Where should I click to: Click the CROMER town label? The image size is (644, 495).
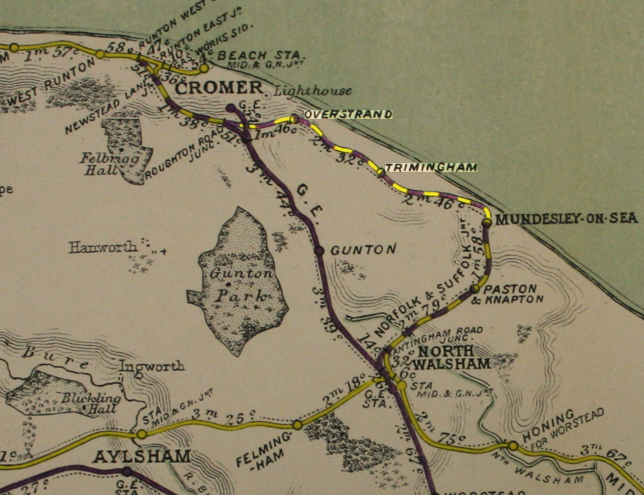coord(219,88)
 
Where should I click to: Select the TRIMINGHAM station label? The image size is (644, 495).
coord(430,167)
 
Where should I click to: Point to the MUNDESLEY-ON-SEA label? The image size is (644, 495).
coord(567,219)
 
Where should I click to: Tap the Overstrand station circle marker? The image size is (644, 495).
coord(294,118)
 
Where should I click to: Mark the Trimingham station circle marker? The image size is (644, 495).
coord(381,172)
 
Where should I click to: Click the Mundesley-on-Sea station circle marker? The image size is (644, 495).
coord(487,222)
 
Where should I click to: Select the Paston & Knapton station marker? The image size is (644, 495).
coord(475,289)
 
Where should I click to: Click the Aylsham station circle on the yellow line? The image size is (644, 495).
coord(142,433)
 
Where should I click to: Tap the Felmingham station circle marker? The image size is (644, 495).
coord(297,425)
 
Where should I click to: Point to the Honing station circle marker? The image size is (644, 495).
coord(512,445)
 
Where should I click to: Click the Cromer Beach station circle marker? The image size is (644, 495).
coord(204,68)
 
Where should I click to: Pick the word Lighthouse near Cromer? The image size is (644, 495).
coord(313,91)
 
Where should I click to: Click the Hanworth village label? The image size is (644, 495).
coord(103,247)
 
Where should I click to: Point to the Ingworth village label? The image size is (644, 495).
coord(152,366)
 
